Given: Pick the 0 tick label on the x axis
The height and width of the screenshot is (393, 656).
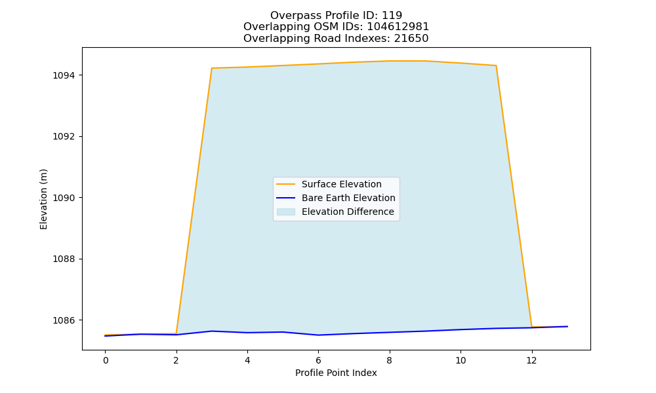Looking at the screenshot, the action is (106, 360).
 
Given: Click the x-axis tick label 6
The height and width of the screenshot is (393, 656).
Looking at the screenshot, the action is (318, 360).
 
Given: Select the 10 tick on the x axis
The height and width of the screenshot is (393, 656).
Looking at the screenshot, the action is (461, 360).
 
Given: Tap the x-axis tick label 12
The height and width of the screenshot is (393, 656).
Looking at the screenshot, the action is (531, 360).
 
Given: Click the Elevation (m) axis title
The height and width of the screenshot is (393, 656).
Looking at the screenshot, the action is (43, 199).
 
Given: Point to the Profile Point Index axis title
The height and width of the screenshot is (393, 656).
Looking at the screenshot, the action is (336, 373).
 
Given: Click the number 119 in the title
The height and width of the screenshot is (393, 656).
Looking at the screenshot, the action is (392, 16).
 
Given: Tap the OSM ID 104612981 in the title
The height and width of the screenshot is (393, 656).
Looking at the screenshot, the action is (398, 27).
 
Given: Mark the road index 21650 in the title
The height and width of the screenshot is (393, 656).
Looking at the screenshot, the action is (411, 39).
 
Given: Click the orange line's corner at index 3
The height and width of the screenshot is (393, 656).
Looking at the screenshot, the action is (212, 68).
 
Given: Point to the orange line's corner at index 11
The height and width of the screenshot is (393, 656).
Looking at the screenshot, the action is (496, 65).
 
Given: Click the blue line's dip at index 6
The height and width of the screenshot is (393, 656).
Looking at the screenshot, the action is (318, 335).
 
